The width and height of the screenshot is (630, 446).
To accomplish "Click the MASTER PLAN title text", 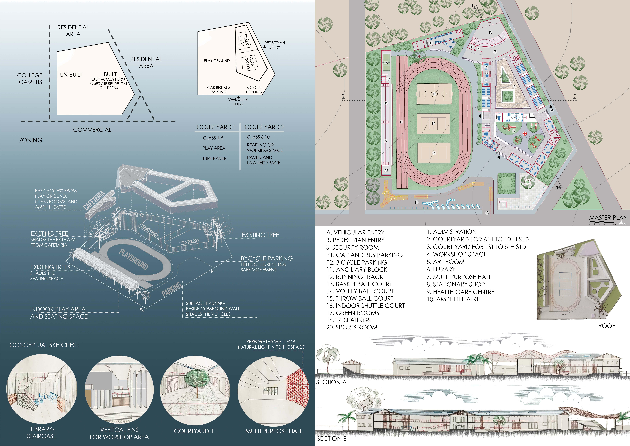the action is [x=608, y=218].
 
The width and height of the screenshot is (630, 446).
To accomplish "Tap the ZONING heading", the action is [x=31, y=140].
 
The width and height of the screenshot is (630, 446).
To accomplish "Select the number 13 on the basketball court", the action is [x=434, y=94].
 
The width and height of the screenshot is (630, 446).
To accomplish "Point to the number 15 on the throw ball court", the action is [x=434, y=153].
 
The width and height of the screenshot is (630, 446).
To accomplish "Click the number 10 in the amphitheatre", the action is [x=490, y=32].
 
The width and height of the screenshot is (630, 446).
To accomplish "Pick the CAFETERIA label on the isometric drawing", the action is [x=95, y=200].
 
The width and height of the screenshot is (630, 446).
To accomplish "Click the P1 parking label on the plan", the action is [x=416, y=202].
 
